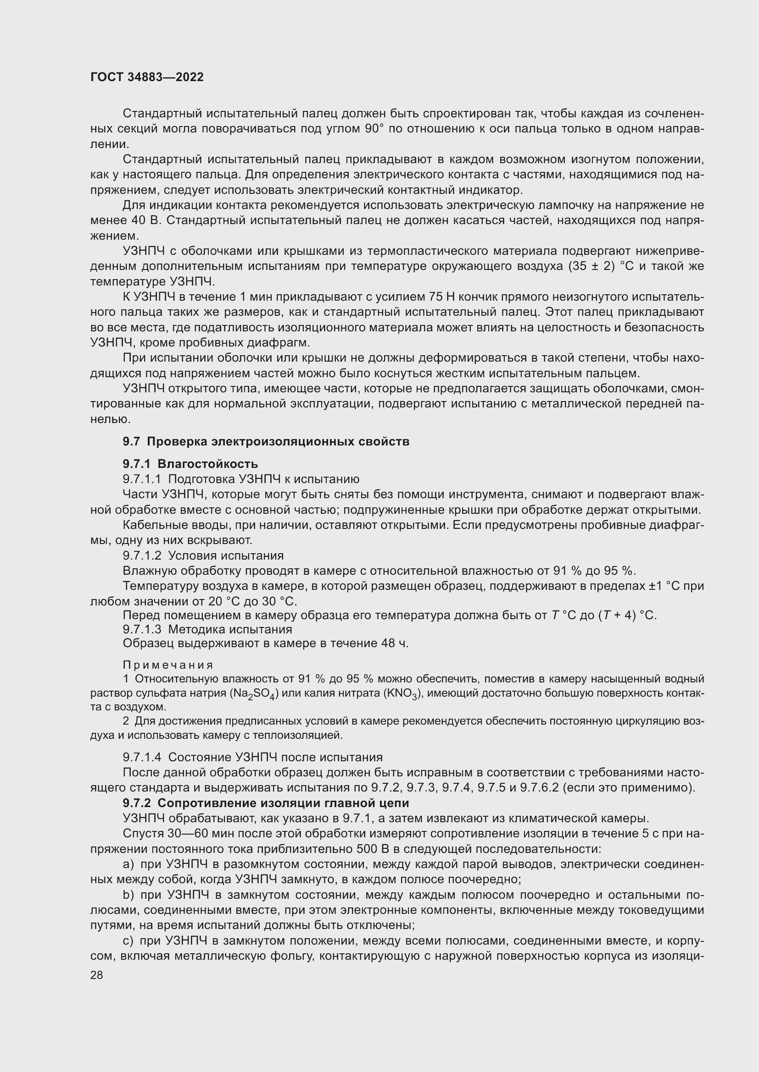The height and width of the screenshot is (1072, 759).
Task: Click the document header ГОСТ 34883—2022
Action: coord(147,77)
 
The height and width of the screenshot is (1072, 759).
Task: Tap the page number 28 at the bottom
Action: coord(97,975)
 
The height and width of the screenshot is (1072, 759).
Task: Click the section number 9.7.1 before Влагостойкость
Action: coord(137,464)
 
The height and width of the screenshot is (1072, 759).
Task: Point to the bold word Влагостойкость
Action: coord(207,464)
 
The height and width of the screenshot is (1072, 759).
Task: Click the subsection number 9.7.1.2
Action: coord(142,555)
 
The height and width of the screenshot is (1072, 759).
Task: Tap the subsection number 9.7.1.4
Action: coord(142,757)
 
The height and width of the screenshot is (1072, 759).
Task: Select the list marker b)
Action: coord(128,895)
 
